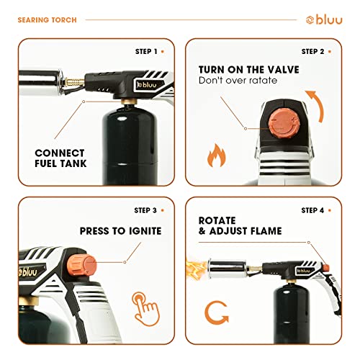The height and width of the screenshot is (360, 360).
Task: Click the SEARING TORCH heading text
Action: pos(48,20)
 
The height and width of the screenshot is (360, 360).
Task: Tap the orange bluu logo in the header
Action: pos(324,19)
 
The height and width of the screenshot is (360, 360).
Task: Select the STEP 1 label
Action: pos(146,52)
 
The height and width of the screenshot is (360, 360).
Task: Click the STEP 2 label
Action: pos(312,52)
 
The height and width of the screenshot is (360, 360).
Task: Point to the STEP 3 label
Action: pos(145,210)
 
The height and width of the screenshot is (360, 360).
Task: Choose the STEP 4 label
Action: pos(312,210)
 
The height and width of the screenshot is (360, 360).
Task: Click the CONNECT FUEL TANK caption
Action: pos(60,158)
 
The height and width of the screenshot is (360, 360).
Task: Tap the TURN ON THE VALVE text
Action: pos(249,70)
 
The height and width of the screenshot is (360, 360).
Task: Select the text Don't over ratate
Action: pos(238,81)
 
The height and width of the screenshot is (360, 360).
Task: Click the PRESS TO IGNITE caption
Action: pos(120,231)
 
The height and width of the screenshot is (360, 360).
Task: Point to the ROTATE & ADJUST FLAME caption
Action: pos(240,226)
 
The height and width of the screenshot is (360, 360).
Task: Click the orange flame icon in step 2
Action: pos(217,156)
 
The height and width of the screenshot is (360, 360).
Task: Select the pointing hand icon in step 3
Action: pos(145,309)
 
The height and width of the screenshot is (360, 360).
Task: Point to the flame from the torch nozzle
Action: pos(196,269)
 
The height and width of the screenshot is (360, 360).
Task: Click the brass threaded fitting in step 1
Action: pos(74,82)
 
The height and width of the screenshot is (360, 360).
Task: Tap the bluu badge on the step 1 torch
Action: pos(149,85)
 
